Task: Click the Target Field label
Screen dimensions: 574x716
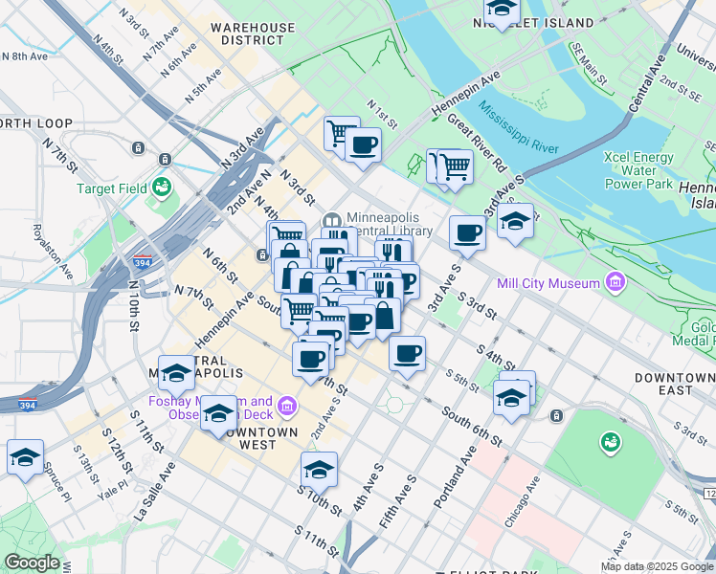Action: click(x=113, y=188)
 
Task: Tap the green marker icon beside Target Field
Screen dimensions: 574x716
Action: click(x=160, y=182)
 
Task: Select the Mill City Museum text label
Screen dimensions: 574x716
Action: click(x=548, y=282)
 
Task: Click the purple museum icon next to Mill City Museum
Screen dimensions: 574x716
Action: click(x=615, y=282)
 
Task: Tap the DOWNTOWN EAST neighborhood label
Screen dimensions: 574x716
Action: click(x=676, y=385)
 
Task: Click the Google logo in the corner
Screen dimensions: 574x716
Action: click(x=32, y=563)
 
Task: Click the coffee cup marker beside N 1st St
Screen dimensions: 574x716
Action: click(x=363, y=146)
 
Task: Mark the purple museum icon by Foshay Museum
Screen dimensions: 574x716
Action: click(x=285, y=408)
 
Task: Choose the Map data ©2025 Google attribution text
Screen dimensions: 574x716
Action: click(x=657, y=566)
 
